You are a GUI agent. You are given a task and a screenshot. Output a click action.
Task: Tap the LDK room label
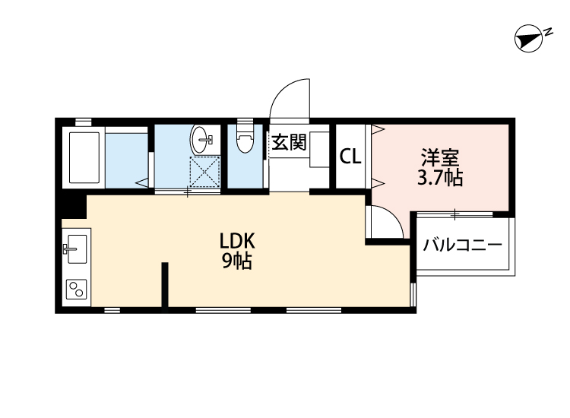pyautogui.click(x=237, y=242)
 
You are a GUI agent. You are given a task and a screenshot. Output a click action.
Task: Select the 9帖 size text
pyautogui.click(x=237, y=262)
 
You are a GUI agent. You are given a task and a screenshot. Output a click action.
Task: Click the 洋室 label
pyautogui.click(x=440, y=160)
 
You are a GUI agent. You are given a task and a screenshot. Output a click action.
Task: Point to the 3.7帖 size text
pyautogui.click(x=440, y=179)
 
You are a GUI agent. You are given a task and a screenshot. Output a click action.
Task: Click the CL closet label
pyautogui.click(x=350, y=157)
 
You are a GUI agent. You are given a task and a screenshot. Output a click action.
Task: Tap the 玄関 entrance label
pyautogui.click(x=289, y=143)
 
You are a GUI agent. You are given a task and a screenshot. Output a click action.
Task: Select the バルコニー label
pyautogui.click(x=462, y=245)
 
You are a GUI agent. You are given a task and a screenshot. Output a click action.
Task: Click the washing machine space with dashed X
pyautogui.click(x=204, y=170)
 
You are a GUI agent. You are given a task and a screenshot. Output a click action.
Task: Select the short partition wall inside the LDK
pyautogui.click(x=163, y=285)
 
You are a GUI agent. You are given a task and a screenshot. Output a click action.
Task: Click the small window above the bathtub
pyautogui.click(x=83, y=122)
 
